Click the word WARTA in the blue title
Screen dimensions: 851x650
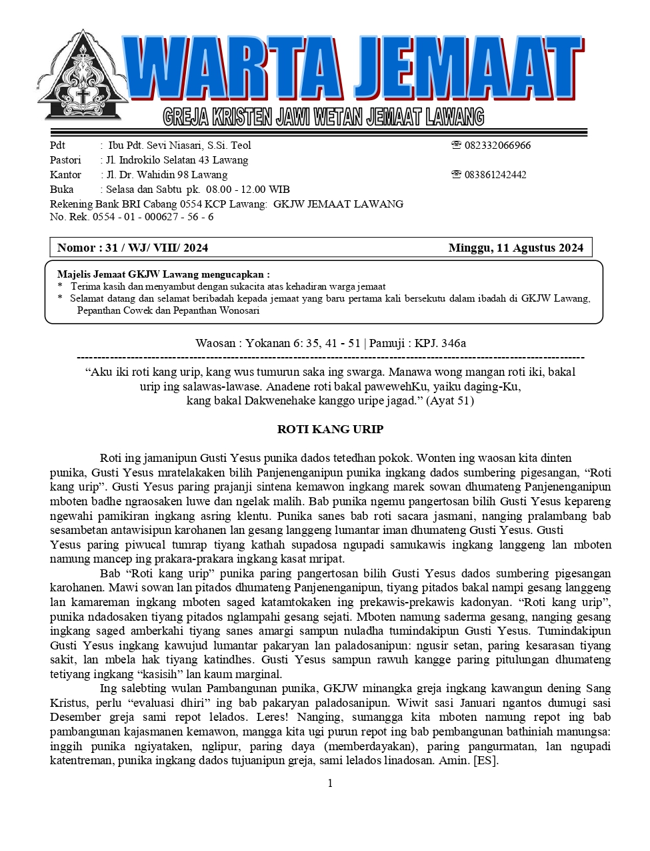[233, 69]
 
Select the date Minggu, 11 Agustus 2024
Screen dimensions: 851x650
[515, 248]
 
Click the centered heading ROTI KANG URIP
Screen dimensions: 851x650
[330, 429]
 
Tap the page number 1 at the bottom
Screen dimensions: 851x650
[330, 784]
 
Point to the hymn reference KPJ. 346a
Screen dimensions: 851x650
[440, 344]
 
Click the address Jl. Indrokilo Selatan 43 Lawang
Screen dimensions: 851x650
[177, 160]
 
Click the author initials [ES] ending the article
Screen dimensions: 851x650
[485, 761]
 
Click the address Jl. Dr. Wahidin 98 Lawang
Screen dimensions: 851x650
[167, 175]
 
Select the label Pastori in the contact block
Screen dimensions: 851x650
[65, 160]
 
